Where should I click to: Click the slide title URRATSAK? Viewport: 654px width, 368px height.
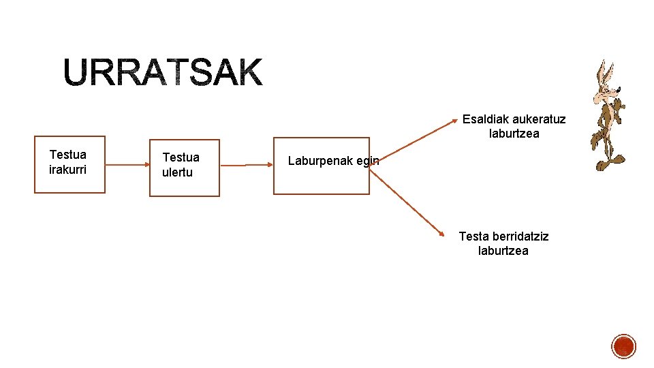click(163, 72)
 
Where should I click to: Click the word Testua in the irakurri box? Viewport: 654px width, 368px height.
click(68, 155)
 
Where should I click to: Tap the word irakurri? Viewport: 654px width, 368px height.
click(68, 169)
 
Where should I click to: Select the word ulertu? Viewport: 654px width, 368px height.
click(177, 172)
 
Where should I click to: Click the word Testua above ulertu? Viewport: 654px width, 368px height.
click(181, 157)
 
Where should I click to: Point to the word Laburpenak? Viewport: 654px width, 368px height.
click(319, 162)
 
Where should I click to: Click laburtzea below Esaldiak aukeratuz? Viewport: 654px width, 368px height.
click(514, 134)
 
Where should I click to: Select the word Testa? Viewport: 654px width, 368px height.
click(473, 236)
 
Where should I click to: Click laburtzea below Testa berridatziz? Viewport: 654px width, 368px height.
click(503, 251)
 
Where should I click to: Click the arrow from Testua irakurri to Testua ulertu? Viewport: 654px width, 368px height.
click(127, 165)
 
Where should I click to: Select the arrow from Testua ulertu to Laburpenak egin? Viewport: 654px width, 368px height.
click(247, 165)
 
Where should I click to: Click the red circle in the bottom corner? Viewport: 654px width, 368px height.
click(623, 346)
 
